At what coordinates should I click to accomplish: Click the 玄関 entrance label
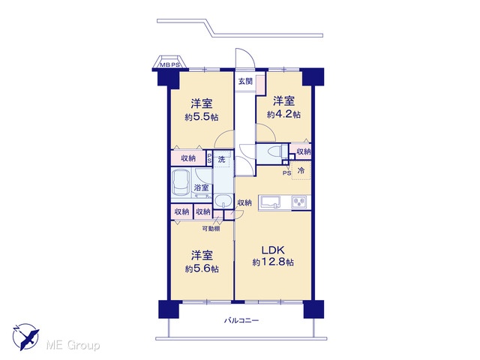pyautogui.click(x=245, y=82)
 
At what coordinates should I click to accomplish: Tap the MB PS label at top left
pyautogui.click(x=170, y=65)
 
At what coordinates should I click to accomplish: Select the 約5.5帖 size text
pyautogui.click(x=202, y=117)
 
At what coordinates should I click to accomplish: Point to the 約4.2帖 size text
pyautogui.click(x=283, y=115)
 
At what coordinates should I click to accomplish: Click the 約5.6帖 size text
pyautogui.click(x=202, y=268)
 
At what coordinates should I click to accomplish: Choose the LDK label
pyautogui.click(x=273, y=250)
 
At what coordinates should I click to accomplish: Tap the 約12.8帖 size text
pyautogui.click(x=273, y=262)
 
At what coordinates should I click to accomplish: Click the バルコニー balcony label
pyautogui.click(x=241, y=321)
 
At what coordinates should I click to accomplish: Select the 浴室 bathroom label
pyautogui.click(x=201, y=187)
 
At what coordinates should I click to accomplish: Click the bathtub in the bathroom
pyautogui.click(x=181, y=183)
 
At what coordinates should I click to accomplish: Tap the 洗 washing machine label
pyautogui.click(x=221, y=159)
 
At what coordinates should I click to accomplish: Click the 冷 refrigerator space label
pyautogui.click(x=301, y=170)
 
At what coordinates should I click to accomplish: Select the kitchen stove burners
pyautogui.click(x=298, y=202)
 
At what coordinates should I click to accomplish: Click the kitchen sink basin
pyautogui.click(x=271, y=202)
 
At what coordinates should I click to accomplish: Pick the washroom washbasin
pyautogui.click(x=223, y=202)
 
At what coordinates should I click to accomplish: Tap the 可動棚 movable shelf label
pyautogui.click(x=211, y=228)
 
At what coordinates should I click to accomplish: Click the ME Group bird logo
pyautogui.click(x=25, y=337)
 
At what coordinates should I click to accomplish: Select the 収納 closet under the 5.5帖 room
pyautogui.click(x=188, y=158)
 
